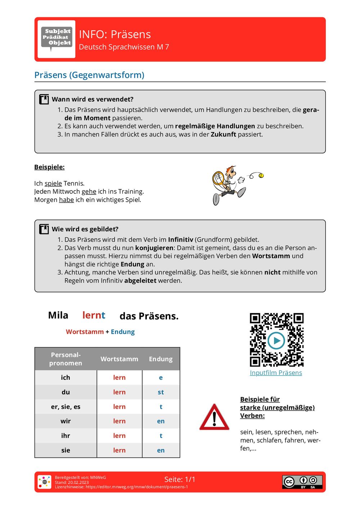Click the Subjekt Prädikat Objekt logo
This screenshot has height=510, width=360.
(x=57, y=39)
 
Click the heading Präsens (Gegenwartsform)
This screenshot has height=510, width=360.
(x=89, y=75)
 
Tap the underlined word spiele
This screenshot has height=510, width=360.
(x=53, y=183)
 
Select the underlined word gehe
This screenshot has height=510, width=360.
(x=89, y=192)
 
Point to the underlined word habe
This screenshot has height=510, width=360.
(x=66, y=200)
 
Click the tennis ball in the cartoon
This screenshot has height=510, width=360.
(x=261, y=175)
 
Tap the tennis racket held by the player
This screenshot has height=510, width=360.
(x=218, y=178)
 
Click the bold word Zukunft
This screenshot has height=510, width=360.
(x=223, y=134)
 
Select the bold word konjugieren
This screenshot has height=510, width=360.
(x=154, y=248)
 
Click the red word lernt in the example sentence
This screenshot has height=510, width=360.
(x=94, y=315)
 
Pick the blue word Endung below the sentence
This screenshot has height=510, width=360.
(x=122, y=332)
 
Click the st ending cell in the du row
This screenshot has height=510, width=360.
(x=161, y=392)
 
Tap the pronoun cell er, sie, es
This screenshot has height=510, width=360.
(x=66, y=407)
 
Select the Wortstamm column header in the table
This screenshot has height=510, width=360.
(x=119, y=359)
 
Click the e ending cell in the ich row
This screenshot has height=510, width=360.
(x=161, y=377)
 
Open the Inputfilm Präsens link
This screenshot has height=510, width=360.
(x=276, y=373)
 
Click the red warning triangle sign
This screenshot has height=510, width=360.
(x=214, y=418)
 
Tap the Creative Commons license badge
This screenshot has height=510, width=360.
(x=302, y=482)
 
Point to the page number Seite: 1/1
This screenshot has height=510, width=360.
(x=180, y=479)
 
